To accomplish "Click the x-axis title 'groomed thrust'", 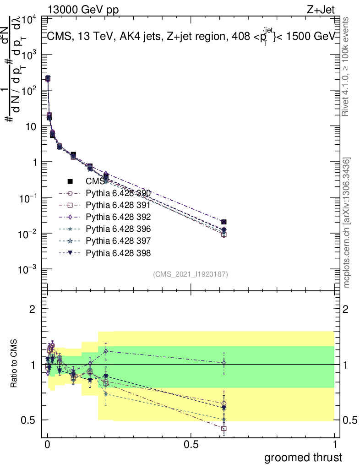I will [303, 457].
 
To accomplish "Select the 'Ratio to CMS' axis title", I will [15, 365].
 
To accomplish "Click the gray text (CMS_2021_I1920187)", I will [191, 274].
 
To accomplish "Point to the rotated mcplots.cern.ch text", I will [347, 223].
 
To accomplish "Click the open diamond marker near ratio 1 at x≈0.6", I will [224, 363].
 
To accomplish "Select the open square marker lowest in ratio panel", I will [224, 429].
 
